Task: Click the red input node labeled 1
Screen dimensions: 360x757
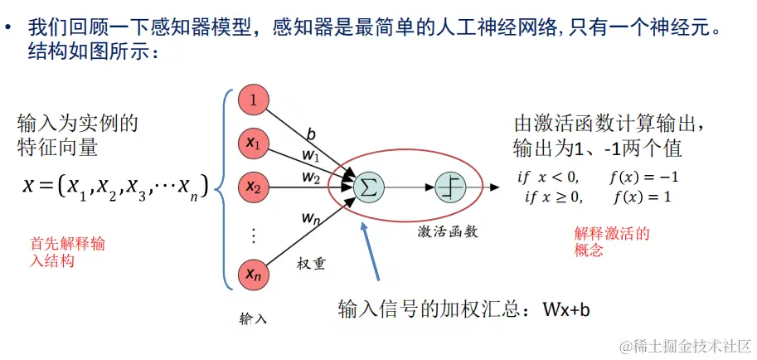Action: [254, 100]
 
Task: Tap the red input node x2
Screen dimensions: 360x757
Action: [254, 188]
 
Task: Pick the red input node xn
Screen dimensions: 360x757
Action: [254, 274]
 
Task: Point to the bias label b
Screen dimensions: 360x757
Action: [311, 134]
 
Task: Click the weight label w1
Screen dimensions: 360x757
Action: [310, 155]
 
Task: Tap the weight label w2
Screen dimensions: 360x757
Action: [310, 177]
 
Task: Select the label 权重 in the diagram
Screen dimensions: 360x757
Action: [311, 264]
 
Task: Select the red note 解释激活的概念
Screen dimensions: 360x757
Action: [611, 242]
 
